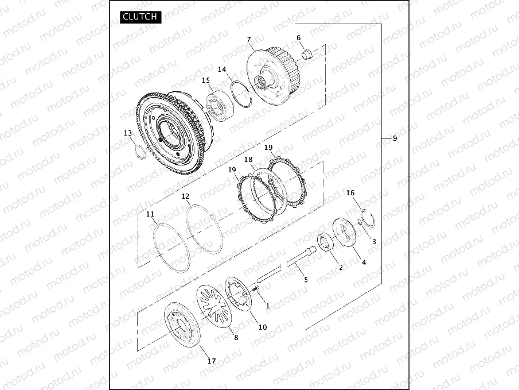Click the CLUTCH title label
click(x=140, y=17)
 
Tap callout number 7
click(x=249, y=40)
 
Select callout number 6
click(x=299, y=38)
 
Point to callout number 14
click(x=222, y=69)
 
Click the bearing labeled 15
click(x=219, y=104)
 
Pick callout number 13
click(x=128, y=133)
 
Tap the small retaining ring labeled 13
click(x=141, y=153)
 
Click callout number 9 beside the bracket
click(x=395, y=138)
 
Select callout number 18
click(x=248, y=160)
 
